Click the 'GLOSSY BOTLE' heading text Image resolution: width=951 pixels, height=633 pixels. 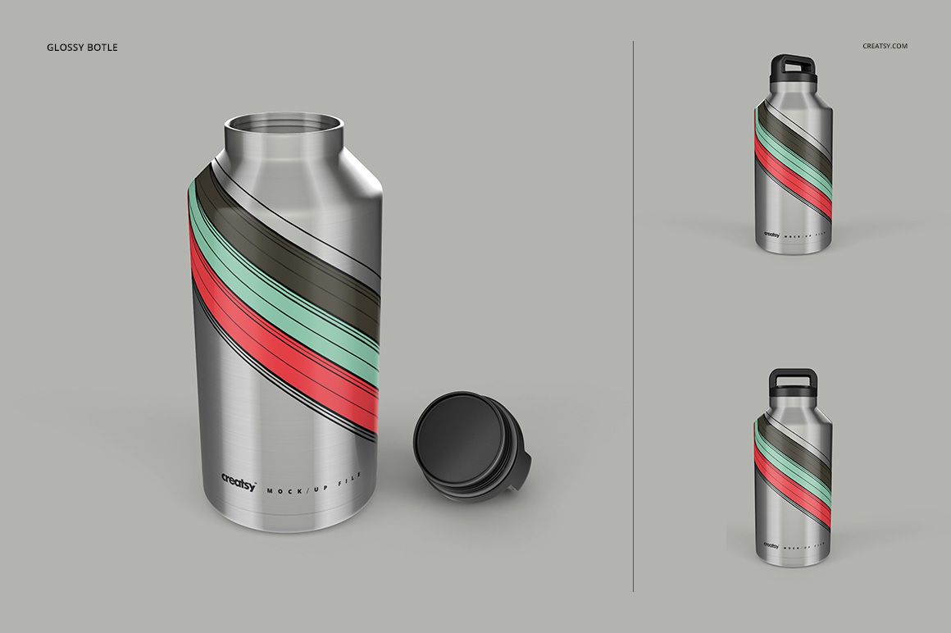click(83, 47)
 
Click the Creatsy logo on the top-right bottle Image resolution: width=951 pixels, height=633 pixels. click(771, 233)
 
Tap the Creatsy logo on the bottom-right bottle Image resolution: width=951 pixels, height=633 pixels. click(771, 545)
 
